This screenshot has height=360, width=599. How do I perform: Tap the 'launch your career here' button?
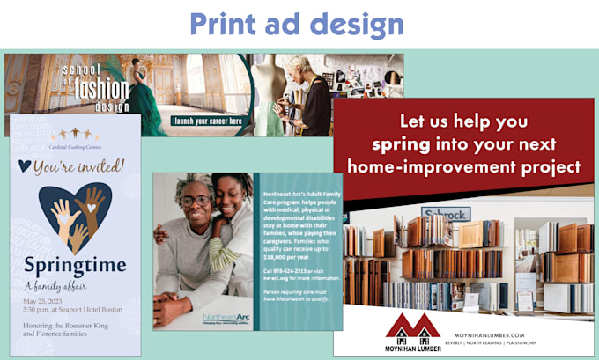(x=208, y=121)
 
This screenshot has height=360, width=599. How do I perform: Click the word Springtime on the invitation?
(x=74, y=264)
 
